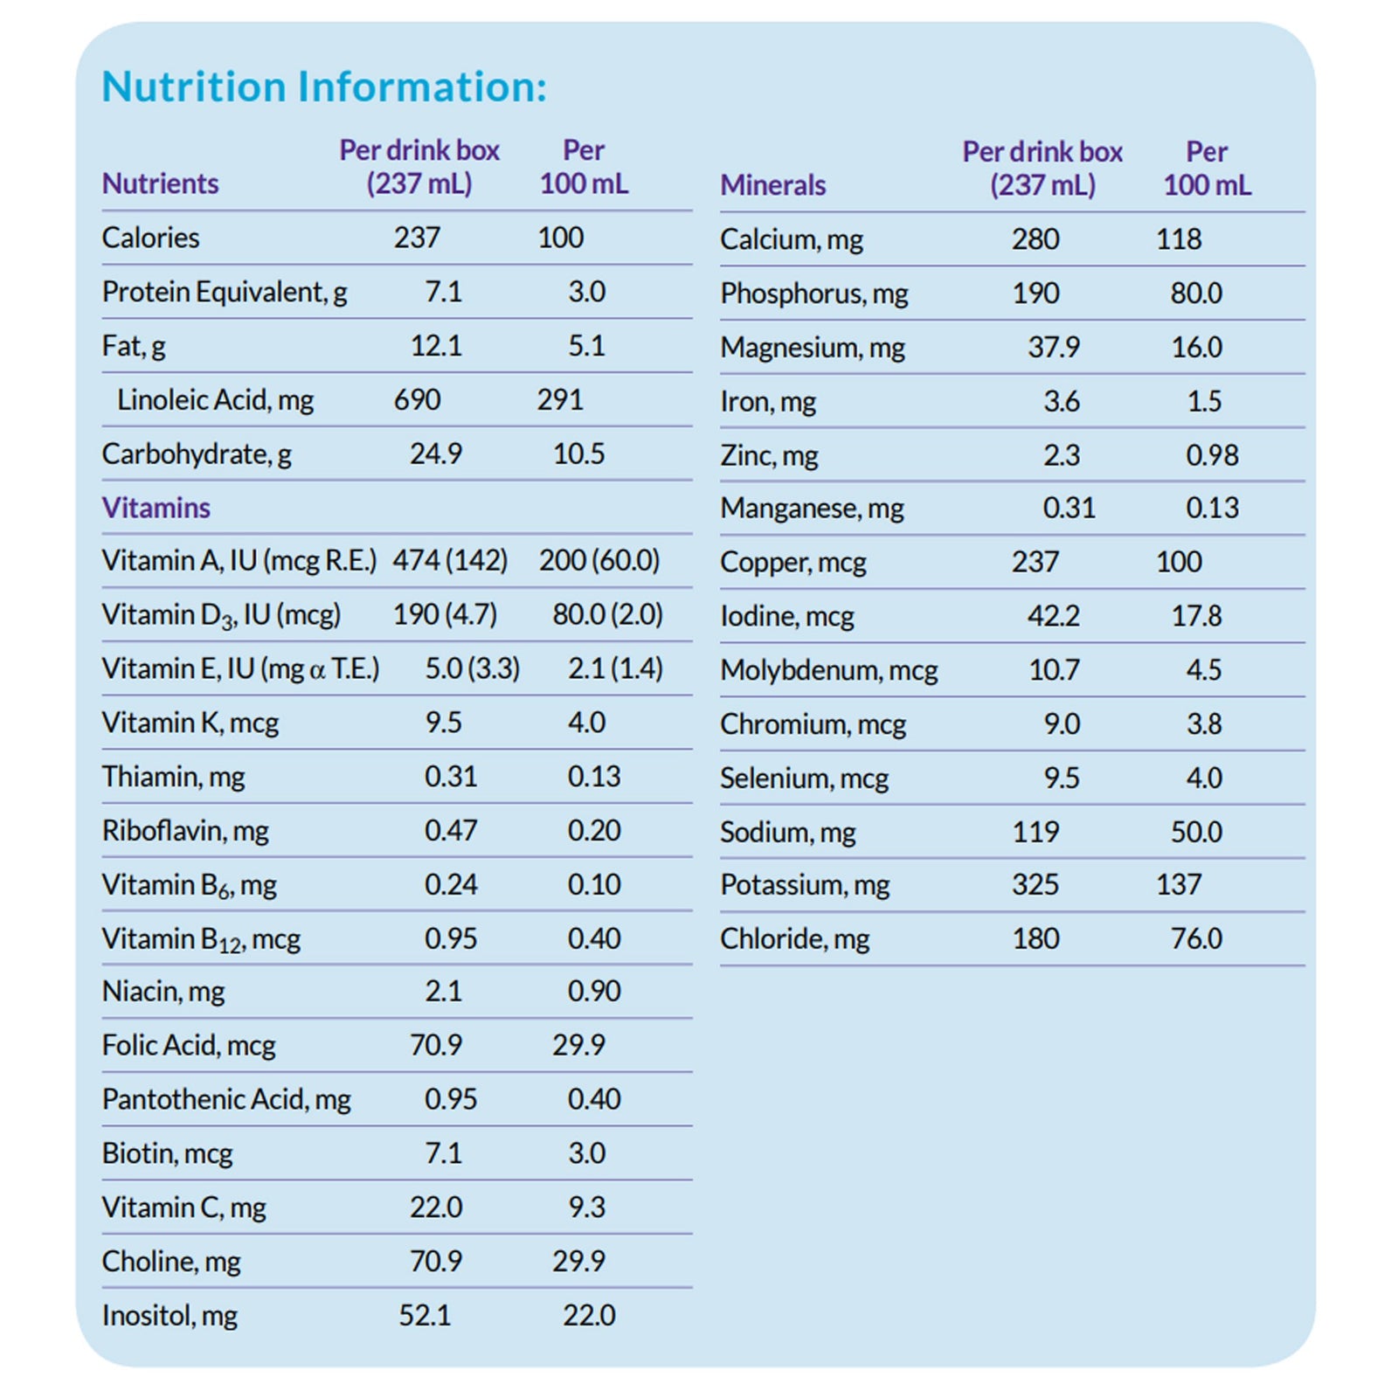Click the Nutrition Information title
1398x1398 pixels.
(324, 87)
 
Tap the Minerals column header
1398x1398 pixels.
(772, 185)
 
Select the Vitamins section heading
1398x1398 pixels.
(156, 508)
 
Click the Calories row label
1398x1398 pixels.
(150, 238)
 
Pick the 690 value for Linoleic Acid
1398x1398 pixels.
(417, 400)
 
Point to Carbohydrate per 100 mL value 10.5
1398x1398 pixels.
(578, 454)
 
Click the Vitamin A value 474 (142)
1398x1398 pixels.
(449, 560)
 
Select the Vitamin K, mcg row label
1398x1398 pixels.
(190, 723)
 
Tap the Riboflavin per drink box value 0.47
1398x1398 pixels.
(451, 830)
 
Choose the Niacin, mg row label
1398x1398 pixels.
(163, 992)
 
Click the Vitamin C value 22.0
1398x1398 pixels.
(436, 1208)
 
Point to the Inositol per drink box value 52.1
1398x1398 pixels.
(425, 1315)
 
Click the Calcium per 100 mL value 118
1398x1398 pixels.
(1179, 239)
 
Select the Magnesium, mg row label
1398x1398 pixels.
(812, 348)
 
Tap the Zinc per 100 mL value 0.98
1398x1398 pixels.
(1212, 455)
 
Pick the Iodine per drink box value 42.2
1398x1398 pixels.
(1053, 616)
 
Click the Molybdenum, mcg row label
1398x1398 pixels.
(828, 670)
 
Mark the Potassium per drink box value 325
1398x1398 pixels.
(1035, 885)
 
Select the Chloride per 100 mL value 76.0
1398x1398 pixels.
(1196, 939)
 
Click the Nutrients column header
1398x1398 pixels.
(160, 183)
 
